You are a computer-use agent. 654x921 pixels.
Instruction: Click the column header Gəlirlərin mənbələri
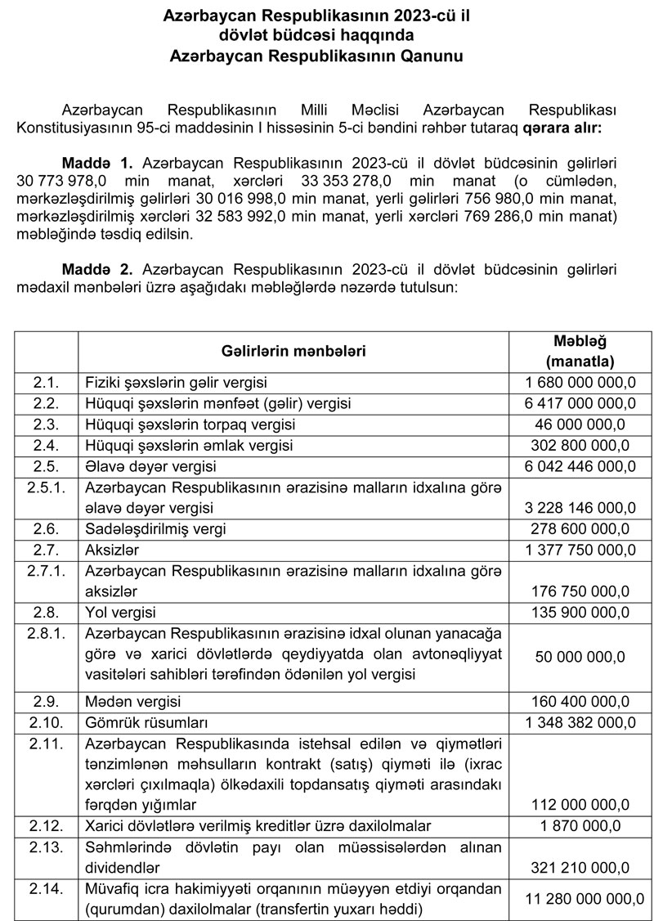(x=293, y=350)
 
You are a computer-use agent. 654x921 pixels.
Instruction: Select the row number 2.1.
(x=47, y=382)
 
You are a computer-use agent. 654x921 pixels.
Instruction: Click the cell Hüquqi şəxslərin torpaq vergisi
(x=190, y=425)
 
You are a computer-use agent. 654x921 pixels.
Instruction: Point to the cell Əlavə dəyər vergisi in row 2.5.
(x=150, y=467)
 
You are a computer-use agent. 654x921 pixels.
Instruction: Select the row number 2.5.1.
(x=47, y=487)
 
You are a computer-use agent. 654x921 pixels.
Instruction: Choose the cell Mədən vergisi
(x=133, y=702)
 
